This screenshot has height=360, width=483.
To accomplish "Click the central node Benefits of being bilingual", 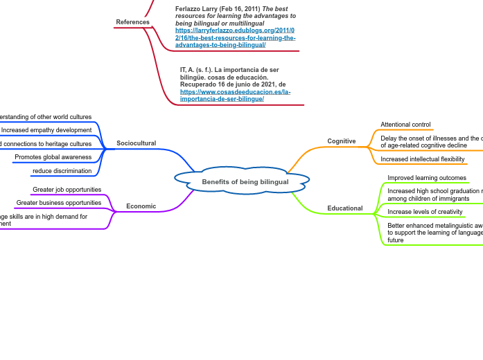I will (245, 182).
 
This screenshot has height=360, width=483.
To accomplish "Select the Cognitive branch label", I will (341, 141).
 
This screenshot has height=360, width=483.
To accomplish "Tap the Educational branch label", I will (345, 208).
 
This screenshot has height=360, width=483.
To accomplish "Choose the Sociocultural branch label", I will (136, 143).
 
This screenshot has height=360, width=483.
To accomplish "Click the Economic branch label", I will (141, 206).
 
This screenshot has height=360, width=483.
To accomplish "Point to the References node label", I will (132, 22).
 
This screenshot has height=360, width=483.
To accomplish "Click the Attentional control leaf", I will (405, 125).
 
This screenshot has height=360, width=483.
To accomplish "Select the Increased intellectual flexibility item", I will (422, 159).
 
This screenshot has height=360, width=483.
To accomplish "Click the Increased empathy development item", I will (46, 130).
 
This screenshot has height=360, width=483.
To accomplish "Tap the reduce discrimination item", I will (62, 171).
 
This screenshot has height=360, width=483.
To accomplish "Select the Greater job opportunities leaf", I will (67, 190).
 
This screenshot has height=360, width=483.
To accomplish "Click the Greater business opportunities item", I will (59, 203).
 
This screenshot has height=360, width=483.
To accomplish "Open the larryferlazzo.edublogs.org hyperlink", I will (225, 38).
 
